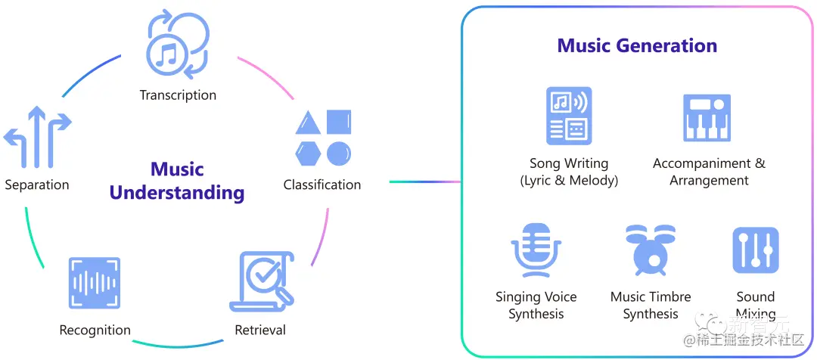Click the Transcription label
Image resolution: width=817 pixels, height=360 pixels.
click(178, 95)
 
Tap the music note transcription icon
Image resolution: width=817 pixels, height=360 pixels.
click(178, 45)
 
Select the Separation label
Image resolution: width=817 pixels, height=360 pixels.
click(36, 185)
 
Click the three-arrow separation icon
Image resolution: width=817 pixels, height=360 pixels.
click(37, 137)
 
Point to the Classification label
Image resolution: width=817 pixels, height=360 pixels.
click(322, 185)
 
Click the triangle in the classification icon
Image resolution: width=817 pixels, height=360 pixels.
click(308, 123)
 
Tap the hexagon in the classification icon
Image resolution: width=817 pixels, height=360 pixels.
click(308, 153)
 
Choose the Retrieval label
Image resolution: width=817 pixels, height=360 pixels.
click(260, 330)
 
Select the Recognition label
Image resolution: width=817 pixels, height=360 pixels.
click(95, 330)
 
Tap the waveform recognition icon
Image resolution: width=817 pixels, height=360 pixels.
click(95, 282)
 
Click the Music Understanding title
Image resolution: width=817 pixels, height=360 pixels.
click(177, 181)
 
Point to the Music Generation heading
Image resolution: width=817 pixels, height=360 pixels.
click(637, 46)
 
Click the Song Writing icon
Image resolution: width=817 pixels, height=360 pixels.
click(569, 116)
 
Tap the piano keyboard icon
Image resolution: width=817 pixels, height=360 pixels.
click(707, 118)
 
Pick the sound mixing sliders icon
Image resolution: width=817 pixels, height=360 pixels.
click(755, 250)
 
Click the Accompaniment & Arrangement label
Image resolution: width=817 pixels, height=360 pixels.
click(709, 172)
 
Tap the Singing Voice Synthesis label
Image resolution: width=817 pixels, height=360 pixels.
click(536, 306)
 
